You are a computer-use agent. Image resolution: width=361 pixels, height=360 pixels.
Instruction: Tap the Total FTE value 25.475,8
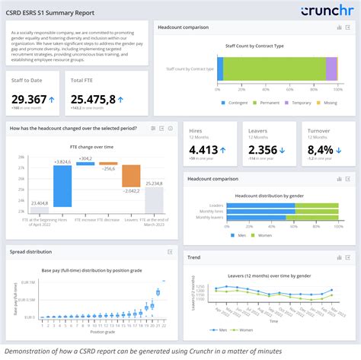(x=93, y=99)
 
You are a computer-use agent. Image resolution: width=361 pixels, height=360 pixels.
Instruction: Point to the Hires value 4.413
(x=204, y=150)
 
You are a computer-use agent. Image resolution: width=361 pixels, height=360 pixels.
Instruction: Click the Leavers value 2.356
(x=263, y=150)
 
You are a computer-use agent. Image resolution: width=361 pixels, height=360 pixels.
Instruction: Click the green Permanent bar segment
(x=274, y=69)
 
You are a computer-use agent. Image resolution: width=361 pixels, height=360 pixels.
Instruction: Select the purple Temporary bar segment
(x=331, y=69)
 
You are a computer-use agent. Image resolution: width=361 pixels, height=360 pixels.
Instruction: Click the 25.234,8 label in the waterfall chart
(x=154, y=183)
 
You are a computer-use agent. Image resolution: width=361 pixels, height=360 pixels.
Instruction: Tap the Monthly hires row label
(x=217, y=211)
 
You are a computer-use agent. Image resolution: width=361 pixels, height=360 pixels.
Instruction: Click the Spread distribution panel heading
(x=30, y=251)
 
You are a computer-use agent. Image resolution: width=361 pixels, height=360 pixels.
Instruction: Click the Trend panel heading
(x=195, y=257)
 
